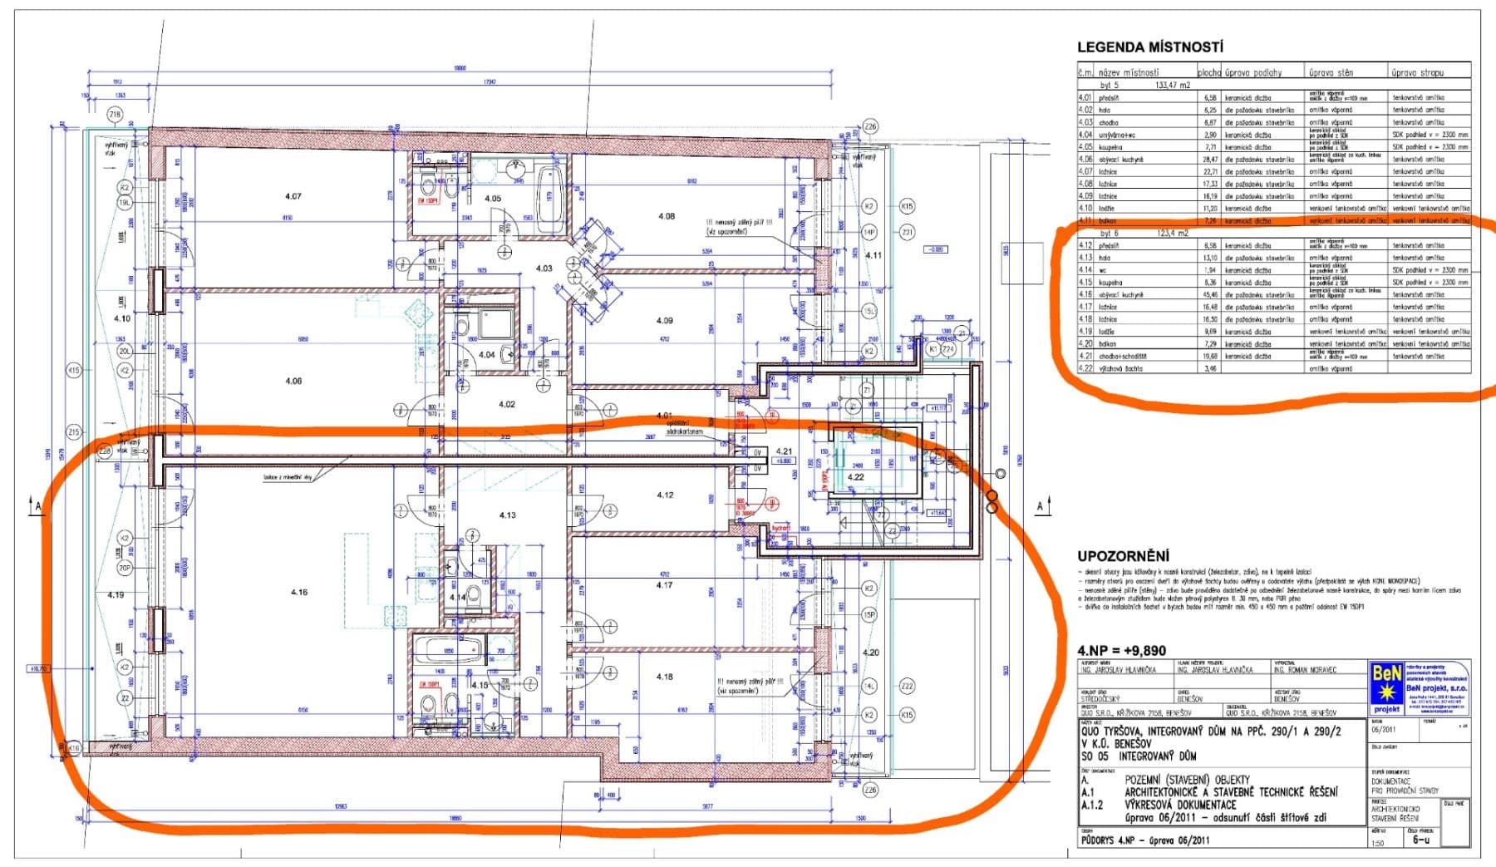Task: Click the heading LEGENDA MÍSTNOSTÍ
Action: pyautogui.click(x=1149, y=47)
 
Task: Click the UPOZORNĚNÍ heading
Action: pyautogui.click(x=1123, y=556)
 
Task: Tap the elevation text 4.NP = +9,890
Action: pyautogui.click(x=1121, y=650)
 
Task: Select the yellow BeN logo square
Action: pyautogui.click(x=1385, y=687)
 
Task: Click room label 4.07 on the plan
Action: pyautogui.click(x=293, y=197)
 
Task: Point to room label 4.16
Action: pyautogui.click(x=298, y=592)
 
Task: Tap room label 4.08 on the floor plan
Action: pyautogui.click(x=667, y=216)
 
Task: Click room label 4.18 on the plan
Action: pyautogui.click(x=664, y=677)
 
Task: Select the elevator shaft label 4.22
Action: pyautogui.click(x=855, y=478)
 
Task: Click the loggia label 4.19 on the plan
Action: pyautogui.click(x=116, y=595)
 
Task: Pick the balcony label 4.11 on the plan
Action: pyautogui.click(x=873, y=255)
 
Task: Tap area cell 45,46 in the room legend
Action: pyautogui.click(x=1209, y=294)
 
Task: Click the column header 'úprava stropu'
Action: pyautogui.click(x=1418, y=72)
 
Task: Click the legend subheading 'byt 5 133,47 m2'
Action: pyautogui.click(x=1145, y=85)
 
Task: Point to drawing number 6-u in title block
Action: pyautogui.click(x=1421, y=840)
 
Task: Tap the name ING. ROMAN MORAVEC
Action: pyautogui.click(x=1305, y=669)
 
